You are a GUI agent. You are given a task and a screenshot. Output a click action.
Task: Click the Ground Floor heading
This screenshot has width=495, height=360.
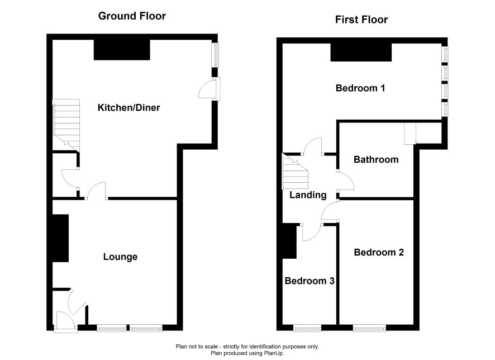point(132,16)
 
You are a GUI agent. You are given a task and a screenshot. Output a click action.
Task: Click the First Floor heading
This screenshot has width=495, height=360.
point(361,20)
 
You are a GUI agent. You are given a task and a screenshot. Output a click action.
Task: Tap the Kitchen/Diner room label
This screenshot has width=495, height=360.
point(129,108)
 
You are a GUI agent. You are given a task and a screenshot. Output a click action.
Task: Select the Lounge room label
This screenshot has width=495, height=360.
point(120,257)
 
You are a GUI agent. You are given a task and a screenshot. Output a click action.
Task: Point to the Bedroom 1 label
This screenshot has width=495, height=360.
point(360,88)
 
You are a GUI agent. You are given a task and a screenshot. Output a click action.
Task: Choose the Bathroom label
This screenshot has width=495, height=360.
point(376,159)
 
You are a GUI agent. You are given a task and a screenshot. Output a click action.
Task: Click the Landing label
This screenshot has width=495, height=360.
point(308,195)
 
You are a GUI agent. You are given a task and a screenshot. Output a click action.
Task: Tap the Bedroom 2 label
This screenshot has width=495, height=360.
point(379,252)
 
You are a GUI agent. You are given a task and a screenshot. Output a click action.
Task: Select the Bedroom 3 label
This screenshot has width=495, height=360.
point(310,281)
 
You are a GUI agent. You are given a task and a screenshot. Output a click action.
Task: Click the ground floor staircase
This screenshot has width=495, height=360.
point(66,125)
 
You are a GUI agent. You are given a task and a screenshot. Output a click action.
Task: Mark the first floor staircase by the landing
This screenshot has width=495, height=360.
point(295,172)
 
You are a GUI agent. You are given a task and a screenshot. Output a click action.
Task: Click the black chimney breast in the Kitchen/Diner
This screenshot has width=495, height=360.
point(122,50)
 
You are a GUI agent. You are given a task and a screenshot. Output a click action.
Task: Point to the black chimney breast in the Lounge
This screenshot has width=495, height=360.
point(60,238)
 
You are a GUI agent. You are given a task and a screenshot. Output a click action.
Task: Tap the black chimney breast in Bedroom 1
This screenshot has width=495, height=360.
point(361,52)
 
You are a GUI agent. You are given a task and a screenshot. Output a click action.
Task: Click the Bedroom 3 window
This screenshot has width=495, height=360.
point(307,329)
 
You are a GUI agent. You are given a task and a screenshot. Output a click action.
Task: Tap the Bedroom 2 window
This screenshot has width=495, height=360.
point(369,329)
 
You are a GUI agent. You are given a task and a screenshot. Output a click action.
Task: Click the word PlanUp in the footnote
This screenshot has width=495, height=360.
point(274,353)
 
